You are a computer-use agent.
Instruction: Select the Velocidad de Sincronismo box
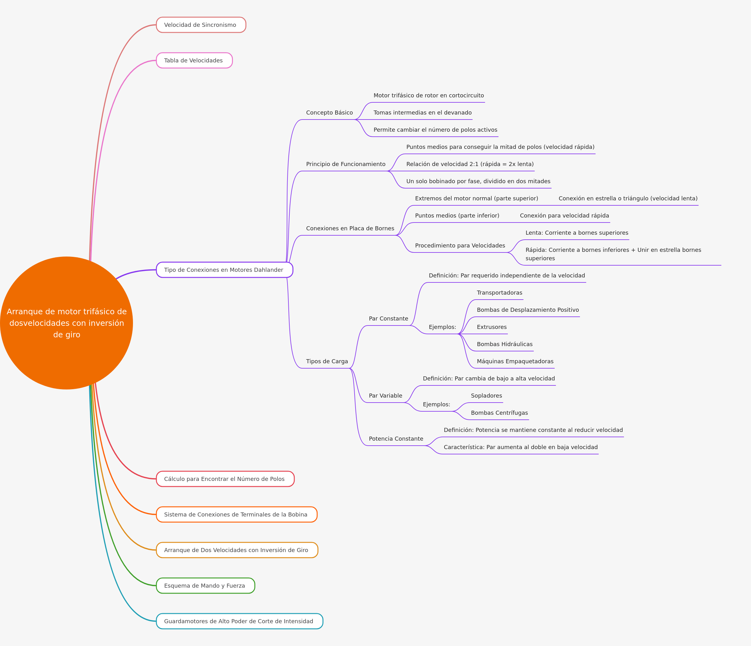click(201, 25)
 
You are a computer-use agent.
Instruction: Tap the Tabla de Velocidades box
click(194, 61)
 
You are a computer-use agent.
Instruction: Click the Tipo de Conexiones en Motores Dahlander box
click(224, 270)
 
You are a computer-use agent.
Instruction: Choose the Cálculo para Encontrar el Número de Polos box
click(225, 479)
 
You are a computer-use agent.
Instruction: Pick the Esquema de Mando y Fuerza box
click(205, 585)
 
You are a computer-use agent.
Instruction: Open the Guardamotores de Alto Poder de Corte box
click(240, 621)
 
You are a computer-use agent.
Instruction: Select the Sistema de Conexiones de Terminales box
click(237, 515)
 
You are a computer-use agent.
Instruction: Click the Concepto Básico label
click(330, 113)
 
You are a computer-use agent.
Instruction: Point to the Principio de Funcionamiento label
click(346, 164)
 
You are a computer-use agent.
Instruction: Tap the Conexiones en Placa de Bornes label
click(350, 228)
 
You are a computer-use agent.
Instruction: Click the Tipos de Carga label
click(327, 361)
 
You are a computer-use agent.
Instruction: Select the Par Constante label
click(389, 318)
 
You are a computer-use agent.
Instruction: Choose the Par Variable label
click(386, 396)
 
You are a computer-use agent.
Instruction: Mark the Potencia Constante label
click(396, 439)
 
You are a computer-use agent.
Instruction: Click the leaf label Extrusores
click(492, 327)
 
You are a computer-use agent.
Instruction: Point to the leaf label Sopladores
click(486, 396)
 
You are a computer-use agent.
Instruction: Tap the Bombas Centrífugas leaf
click(499, 413)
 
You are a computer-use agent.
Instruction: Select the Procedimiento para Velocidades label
click(460, 246)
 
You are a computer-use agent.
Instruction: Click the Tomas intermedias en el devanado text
click(423, 113)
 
